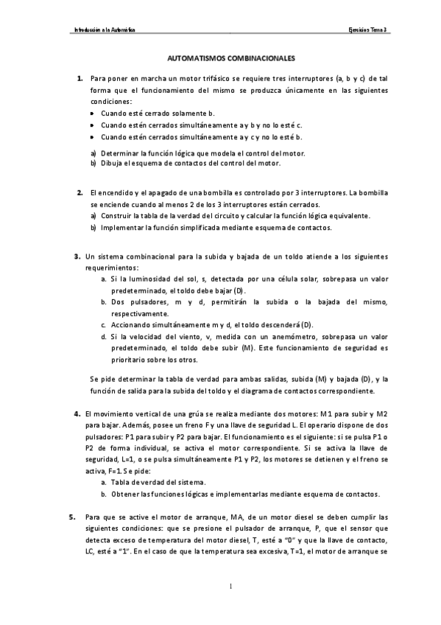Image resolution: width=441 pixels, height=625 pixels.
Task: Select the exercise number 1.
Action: tap(80, 78)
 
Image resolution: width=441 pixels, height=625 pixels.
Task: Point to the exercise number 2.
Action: tap(80, 192)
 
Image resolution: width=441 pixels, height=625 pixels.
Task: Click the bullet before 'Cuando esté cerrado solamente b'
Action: tap(92, 114)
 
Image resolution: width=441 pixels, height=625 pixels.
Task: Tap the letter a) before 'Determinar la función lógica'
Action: tap(94, 153)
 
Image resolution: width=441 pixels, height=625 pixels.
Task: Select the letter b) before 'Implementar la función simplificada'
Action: tap(94, 228)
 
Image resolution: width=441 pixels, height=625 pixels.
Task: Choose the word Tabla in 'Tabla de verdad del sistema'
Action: tap(121, 482)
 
